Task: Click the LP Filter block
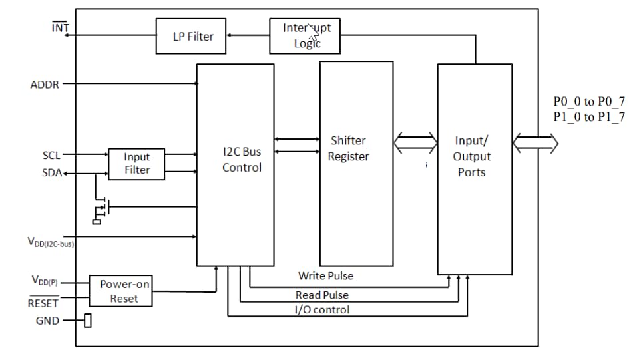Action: pyautogui.click(x=193, y=36)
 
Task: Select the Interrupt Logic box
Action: pyautogui.click(x=305, y=36)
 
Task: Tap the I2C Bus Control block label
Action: pyautogui.click(x=242, y=160)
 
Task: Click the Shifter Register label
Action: pyautogui.click(x=348, y=149)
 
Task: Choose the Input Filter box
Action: pyautogui.click(x=137, y=164)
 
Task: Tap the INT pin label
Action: pyautogui.click(x=60, y=29)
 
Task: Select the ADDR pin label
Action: pyautogui.click(x=45, y=85)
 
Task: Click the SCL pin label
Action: pyautogui.click(x=51, y=155)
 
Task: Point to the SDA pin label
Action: pyautogui.click(x=51, y=174)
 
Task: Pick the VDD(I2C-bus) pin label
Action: pyautogui.click(x=51, y=244)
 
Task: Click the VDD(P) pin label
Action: pyautogui.click(x=45, y=281)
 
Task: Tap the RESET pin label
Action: pyautogui.click(x=43, y=303)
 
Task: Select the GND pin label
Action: pyautogui.click(x=47, y=321)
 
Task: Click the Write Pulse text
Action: pyautogui.click(x=325, y=276)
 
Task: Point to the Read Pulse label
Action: pyautogui.click(x=321, y=295)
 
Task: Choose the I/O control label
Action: pyautogui.click(x=321, y=309)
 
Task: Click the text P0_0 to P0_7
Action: pyautogui.click(x=588, y=102)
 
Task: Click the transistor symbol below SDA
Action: pyautogui.click(x=101, y=208)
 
